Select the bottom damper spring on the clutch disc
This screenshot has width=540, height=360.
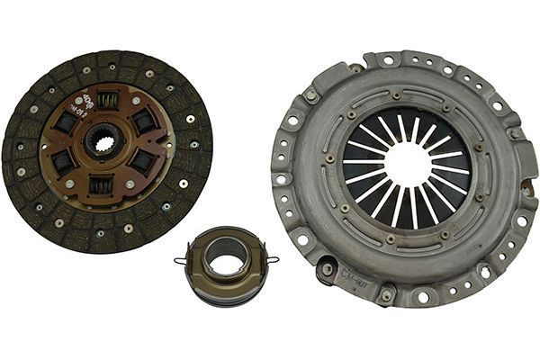(x=101, y=185)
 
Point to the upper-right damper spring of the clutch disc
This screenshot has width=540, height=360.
(x=143, y=120)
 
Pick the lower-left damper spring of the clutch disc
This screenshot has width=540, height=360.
(x=63, y=162)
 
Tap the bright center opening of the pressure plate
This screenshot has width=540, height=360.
(x=408, y=166)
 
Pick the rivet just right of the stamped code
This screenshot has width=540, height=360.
(x=387, y=292)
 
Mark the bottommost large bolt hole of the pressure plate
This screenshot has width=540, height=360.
(x=422, y=295)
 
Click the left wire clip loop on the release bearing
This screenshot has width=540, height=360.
(x=180, y=261)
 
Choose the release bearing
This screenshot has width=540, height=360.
(x=225, y=265)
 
